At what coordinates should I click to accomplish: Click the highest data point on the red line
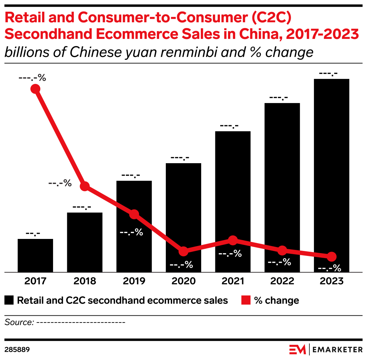pos(35,89)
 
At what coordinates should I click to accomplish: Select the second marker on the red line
pos(85,186)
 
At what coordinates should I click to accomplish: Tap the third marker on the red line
pos(134,214)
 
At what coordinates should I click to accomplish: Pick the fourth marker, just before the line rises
pos(183,251)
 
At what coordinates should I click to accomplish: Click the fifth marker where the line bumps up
pos(233,240)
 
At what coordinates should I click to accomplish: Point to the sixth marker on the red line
pos(282,250)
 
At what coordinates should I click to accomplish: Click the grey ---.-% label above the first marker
pos(33,78)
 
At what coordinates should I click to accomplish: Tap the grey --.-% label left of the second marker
pos(60,183)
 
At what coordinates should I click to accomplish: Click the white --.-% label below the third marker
pos(131,233)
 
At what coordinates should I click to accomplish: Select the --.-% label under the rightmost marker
pos(329,269)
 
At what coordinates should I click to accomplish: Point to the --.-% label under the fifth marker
pos(230,254)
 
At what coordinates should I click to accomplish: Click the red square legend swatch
pos(246,300)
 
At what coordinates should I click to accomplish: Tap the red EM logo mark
pos(297,349)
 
